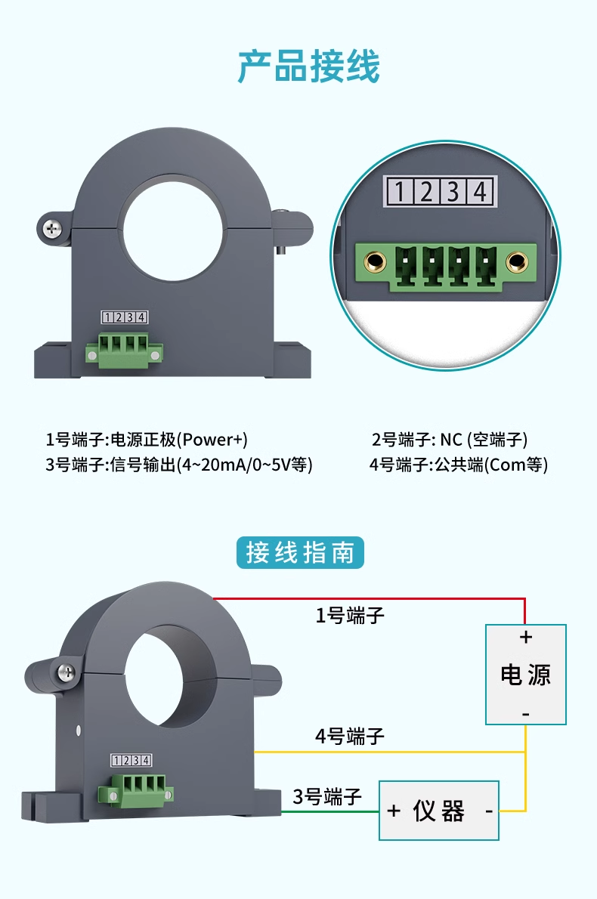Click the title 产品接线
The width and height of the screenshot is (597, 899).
pyautogui.click(x=308, y=66)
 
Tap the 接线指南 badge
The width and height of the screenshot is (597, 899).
pyautogui.click(x=300, y=553)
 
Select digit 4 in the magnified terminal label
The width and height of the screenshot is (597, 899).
pyautogui.click(x=480, y=191)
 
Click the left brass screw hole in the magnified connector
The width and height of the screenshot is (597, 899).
pyautogui.click(x=376, y=262)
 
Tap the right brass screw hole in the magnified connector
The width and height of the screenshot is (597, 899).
pyautogui.click(x=517, y=262)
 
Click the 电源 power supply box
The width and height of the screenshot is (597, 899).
pyautogui.click(x=526, y=674)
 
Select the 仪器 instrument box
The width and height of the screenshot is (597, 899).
pyautogui.click(x=439, y=811)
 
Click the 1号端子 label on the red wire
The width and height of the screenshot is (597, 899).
pyautogui.click(x=350, y=616)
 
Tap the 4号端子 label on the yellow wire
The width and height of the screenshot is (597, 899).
pyautogui.click(x=350, y=736)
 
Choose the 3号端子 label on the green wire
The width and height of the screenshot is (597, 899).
pyautogui.click(x=327, y=796)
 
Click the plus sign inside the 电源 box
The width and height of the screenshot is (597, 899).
pyautogui.click(x=526, y=638)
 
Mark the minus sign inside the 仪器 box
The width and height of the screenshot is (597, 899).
pyautogui.click(x=489, y=811)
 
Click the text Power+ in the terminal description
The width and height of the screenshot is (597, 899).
pyautogui.click(x=212, y=440)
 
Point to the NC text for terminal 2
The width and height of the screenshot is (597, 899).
pyautogui.click(x=450, y=440)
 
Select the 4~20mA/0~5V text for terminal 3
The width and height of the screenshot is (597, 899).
pyautogui.click(x=236, y=465)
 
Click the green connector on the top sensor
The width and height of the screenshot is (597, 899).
pyautogui.click(x=125, y=350)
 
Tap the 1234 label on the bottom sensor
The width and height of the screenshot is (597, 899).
pyautogui.click(x=131, y=760)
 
